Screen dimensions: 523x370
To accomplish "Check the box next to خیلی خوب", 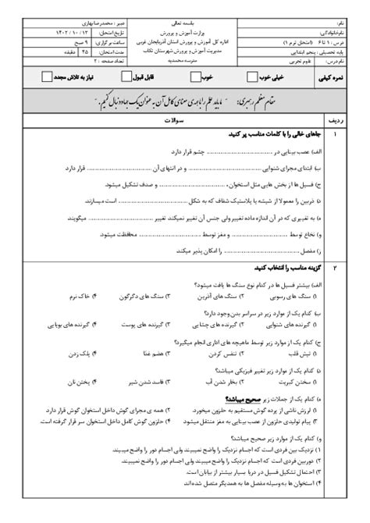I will click(x=252, y=76).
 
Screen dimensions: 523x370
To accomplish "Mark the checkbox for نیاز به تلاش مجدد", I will click(x=48, y=76).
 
